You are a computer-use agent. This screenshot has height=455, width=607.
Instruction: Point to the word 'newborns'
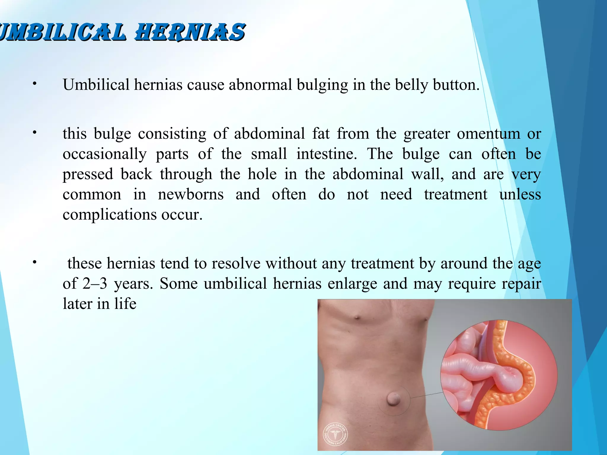pos(191,194)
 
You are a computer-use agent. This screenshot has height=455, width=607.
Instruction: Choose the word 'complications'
pos(110,214)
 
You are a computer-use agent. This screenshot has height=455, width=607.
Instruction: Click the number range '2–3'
pos(95,283)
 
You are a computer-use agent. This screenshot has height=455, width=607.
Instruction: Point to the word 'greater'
pos(427,134)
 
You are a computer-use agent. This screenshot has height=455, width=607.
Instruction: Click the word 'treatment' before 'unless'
pos(456,194)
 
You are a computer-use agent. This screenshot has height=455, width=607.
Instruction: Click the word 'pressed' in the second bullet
pos(88,174)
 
